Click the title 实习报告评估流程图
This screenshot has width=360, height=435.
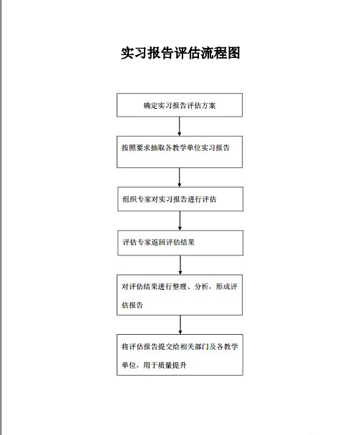coord(180,53)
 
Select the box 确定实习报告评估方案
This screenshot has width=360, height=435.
coord(180,105)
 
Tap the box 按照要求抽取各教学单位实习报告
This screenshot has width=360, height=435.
coord(180,152)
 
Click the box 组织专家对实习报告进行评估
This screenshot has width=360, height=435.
coord(180,199)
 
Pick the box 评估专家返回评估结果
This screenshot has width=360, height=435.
coord(180,243)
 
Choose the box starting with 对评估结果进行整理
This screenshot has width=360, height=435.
coord(180,295)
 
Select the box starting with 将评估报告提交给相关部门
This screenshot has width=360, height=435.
coord(180,355)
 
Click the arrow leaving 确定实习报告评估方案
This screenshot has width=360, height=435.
coord(180,126)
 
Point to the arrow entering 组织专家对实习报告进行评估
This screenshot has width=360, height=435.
coord(180,177)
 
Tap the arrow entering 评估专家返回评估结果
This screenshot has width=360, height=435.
coord(180,221)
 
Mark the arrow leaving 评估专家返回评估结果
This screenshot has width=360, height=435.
coord(180,265)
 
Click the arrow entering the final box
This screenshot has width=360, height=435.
coord(180,325)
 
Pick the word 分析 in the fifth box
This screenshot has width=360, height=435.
coord(202,286)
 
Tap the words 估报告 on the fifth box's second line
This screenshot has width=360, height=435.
coord(132,305)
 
